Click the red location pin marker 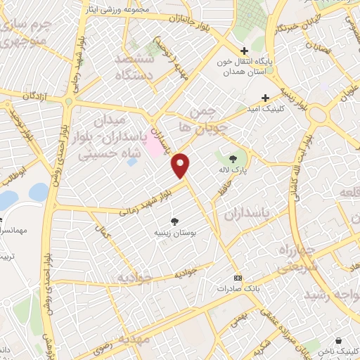pyautogui.click(x=181, y=165)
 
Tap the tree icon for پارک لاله pyautogui.click(x=233, y=148)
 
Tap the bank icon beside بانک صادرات pyautogui.click(x=238, y=278)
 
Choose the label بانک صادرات pyautogui.click(x=234, y=288)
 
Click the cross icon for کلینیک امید pyautogui.click(x=265, y=98)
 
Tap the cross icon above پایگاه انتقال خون pyautogui.click(x=244, y=51)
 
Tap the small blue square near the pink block pyautogui.click(x=132, y=162)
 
